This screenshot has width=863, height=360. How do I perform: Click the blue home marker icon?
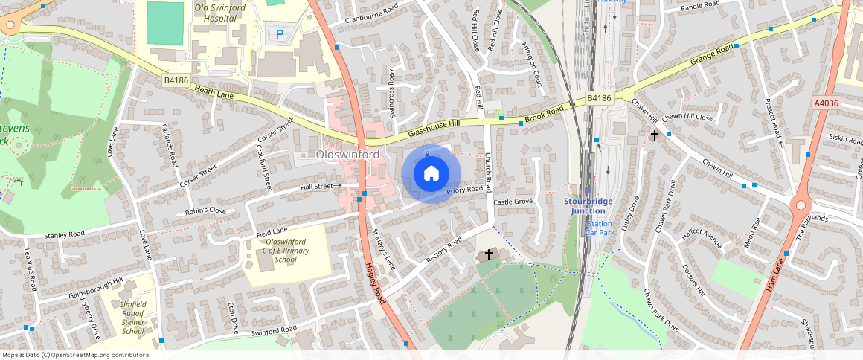click(431, 174)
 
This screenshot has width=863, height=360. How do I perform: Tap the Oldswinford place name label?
click(347, 155)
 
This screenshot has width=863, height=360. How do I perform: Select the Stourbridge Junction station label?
click(594, 205)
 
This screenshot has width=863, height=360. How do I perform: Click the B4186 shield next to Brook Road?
click(598, 98)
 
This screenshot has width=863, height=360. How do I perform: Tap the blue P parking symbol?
click(280, 33)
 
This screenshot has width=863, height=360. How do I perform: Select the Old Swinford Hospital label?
click(220, 13)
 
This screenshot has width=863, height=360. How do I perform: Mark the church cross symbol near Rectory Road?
click(489, 254)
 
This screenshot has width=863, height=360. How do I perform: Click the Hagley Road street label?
click(374, 283)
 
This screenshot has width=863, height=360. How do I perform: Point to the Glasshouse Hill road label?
click(444, 129)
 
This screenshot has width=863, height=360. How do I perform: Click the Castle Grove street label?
click(513, 202)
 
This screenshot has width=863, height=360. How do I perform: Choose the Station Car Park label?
click(601, 228)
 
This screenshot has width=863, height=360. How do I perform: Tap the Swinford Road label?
click(274, 329)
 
